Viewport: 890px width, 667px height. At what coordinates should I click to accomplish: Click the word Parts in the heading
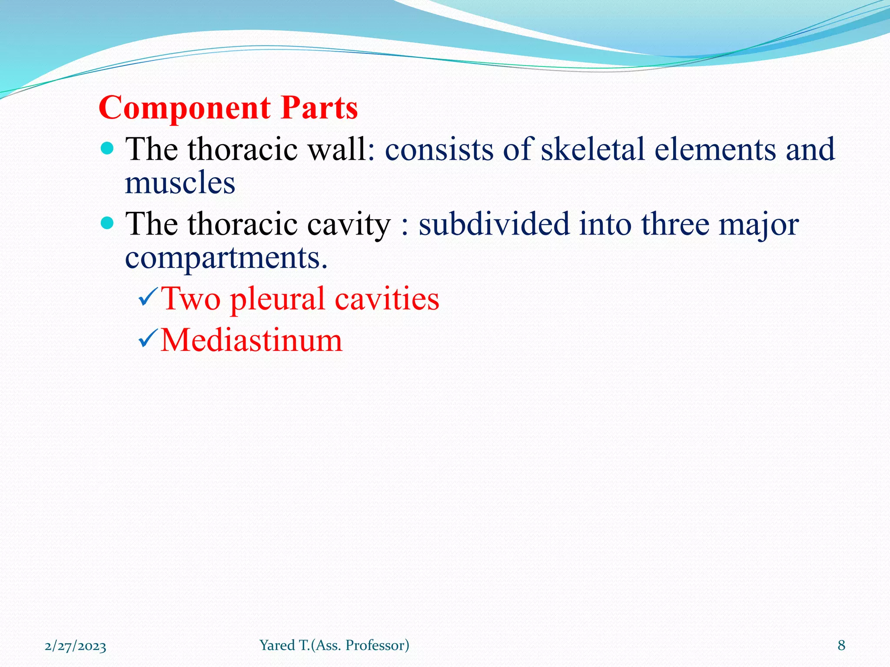pos(319,108)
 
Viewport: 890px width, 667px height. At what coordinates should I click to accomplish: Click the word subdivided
pos(494,225)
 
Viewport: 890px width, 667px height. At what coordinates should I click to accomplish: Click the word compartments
pos(226,258)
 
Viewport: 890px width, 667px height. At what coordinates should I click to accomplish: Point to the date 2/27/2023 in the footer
pos(76,646)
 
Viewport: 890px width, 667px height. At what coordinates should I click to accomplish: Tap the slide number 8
pos(841,646)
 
